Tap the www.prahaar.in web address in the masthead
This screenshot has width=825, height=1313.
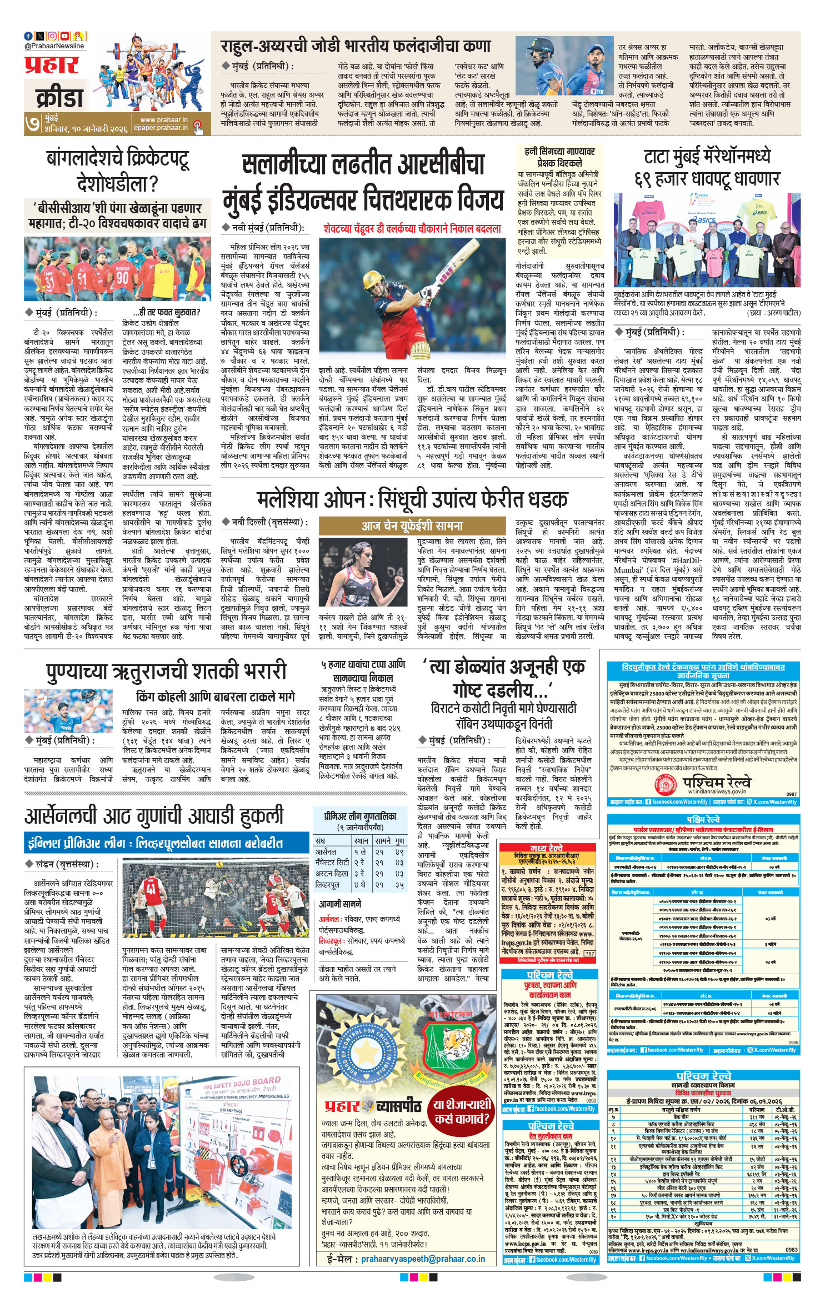click(x=164, y=119)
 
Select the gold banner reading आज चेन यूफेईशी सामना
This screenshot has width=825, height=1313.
click(x=412, y=525)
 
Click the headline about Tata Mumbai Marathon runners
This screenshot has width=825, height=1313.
click(x=707, y=167)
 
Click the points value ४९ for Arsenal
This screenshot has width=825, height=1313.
click(x=399, y=851)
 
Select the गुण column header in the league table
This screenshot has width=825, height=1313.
click(x=399, y=841)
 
